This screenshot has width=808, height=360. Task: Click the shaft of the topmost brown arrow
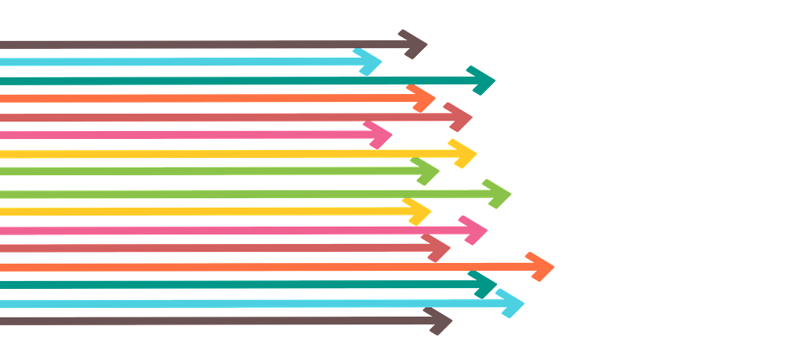pyautogui.click(x=197, y=45)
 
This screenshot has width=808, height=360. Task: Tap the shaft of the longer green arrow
pyautogui.click(x=237, y=193)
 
